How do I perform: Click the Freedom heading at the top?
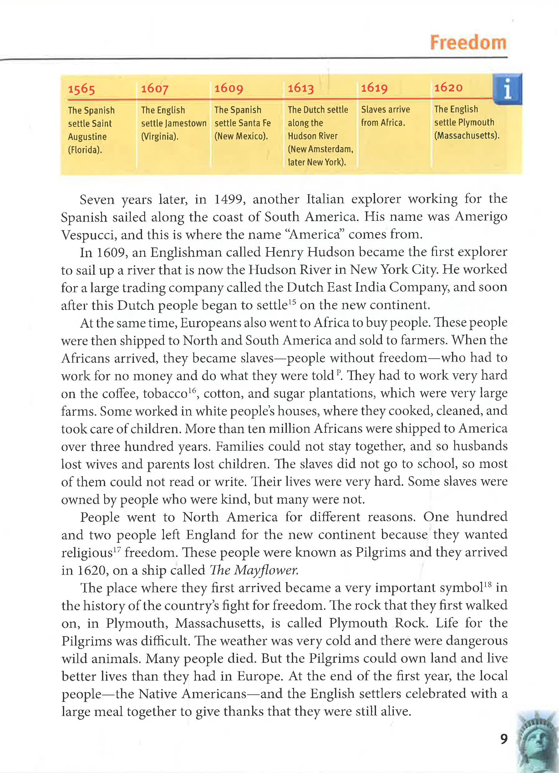click(468, 43)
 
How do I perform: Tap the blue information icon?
click(507, 89)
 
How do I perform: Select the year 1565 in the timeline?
click(81, 89)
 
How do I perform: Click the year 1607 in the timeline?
click(155, 89)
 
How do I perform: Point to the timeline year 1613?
click(301, 88)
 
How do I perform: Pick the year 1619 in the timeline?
click(374, 88)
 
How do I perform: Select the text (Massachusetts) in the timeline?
click(467, 135)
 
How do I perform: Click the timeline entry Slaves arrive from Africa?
click(385, 116)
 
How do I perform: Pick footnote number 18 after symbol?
click(487, 584)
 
